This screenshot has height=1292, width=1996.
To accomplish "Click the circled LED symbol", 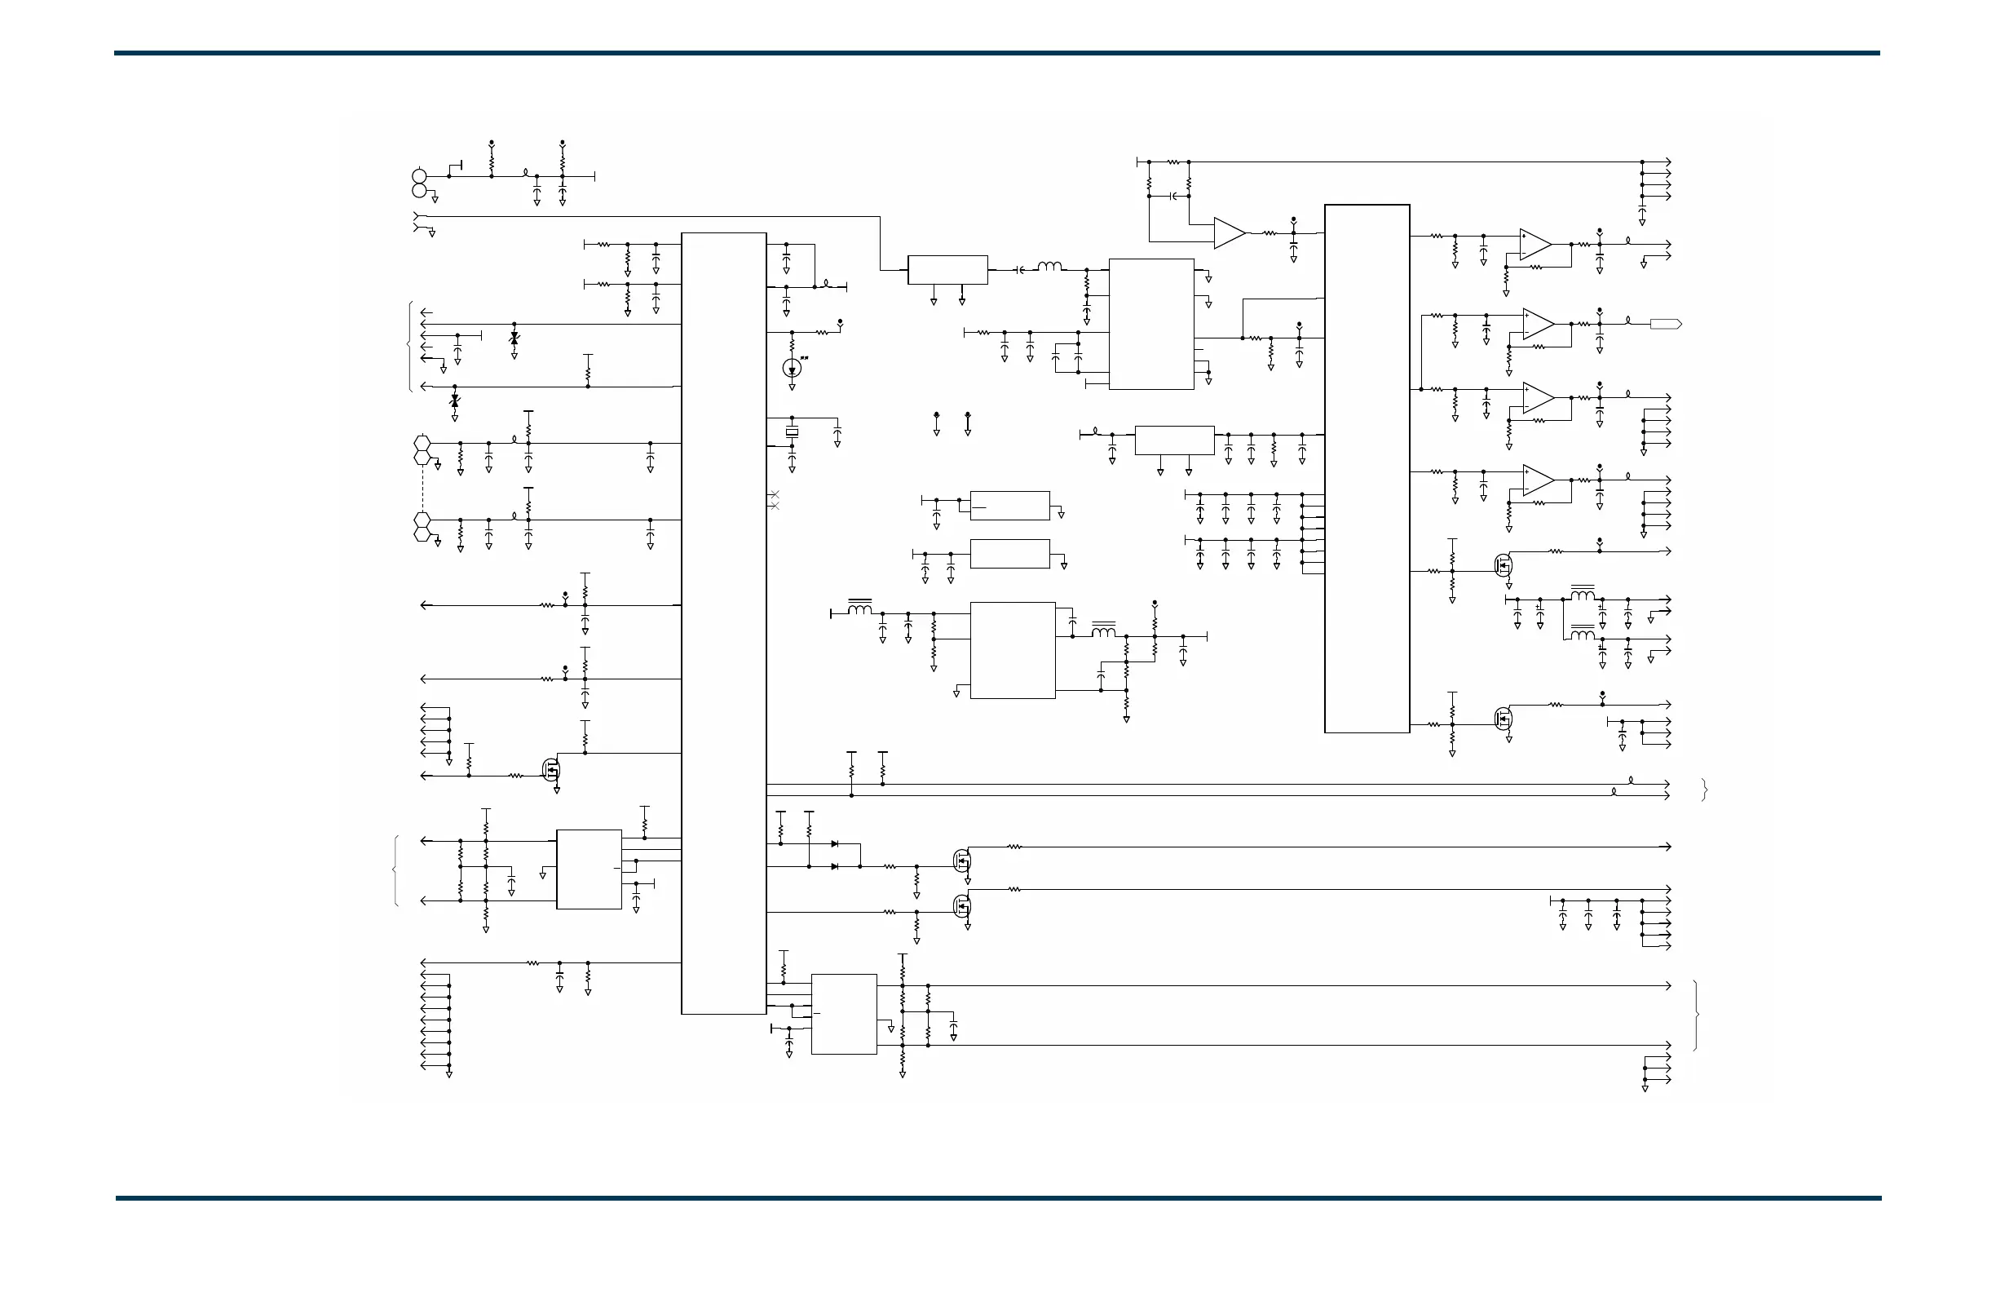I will [792, 368].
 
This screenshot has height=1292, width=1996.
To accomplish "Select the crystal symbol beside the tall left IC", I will [792, 432].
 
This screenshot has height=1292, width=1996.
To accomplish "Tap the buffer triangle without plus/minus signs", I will [1229, 233].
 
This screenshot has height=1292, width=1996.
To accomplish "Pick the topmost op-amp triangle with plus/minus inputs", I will [1535, 244].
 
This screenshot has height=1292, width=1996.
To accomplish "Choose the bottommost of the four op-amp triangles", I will [1538, 480].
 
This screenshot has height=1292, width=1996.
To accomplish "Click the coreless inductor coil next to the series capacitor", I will [1049, 268].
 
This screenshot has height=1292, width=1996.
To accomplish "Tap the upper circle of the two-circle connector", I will [420, 176].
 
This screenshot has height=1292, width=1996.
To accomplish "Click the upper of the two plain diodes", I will [834, 844].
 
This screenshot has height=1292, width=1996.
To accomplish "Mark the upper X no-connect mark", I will [774, 494].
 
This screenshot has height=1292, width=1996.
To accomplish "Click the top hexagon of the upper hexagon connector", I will [422, 442].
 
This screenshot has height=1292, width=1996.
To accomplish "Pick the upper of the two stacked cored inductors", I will [1583, 595].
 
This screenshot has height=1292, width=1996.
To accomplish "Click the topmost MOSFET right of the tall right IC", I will [1503, 564].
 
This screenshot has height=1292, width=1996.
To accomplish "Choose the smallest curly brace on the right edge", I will [1704, 790].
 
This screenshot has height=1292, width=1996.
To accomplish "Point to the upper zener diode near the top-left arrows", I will [514, 338].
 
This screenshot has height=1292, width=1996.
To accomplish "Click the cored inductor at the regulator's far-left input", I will [859, 608].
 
